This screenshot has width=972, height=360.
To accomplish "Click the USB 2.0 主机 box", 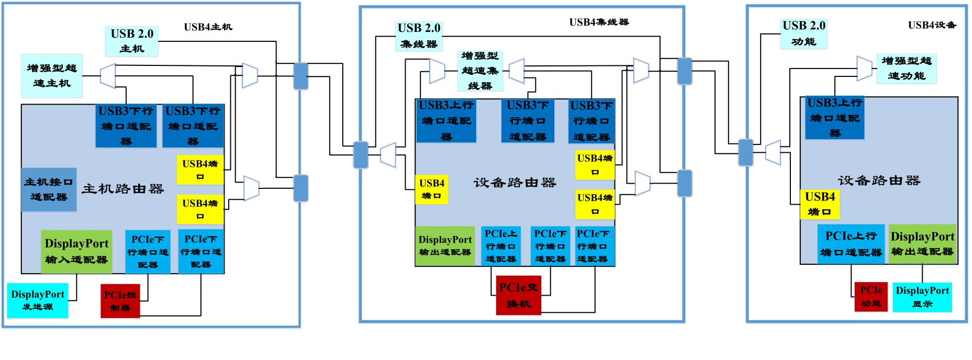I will click(x=131, y=41).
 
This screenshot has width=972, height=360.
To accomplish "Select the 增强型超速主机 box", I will click(x=51, y=75).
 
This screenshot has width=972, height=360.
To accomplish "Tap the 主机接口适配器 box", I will click(x=49, y=189).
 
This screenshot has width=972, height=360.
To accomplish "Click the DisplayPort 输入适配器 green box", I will click(x=76, y=251).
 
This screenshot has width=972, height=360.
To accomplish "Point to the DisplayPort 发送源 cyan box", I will click(x=37, y=300).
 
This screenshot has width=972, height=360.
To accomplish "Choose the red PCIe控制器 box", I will click(x=120, y=300).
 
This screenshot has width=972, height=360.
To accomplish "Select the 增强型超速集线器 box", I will click(x=480, y=71).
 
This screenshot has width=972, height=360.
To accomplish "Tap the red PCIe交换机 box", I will click(x=518, y=296).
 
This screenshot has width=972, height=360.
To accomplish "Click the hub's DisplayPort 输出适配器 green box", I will click(x=445, y=246).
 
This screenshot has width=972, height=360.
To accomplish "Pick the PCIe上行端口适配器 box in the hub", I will click(x=500, y=246).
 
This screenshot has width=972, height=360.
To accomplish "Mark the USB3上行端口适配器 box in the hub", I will click(x=446, y=120).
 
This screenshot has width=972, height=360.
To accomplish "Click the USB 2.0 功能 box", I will click(x=803, y=33).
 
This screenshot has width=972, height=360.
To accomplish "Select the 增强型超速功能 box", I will click(x=906, y=68).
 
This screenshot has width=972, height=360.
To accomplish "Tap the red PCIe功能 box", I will click(x=870, y=297).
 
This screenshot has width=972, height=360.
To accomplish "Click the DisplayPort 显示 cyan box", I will click(x=922, y=297).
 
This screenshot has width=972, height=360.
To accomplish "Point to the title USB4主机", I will click(x=208, y=27).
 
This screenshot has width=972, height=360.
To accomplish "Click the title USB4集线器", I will click(x=599, y=22).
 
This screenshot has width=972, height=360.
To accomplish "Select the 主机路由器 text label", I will click(x=122, y=189).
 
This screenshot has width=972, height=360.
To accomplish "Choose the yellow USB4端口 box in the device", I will click(x=820, y=204).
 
